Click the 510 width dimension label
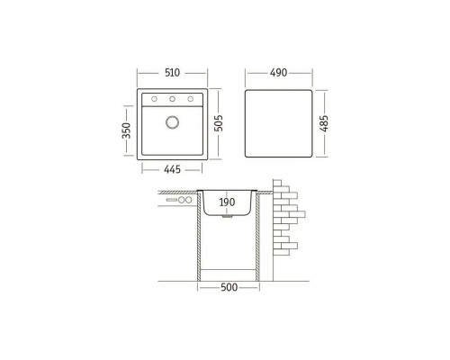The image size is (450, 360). tap(172, 73)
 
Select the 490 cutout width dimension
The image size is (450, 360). tap(278, 73)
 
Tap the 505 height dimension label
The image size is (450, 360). tap(220, 123)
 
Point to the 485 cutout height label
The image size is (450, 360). tap(324, 123)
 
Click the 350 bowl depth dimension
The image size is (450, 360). tap(127, 130)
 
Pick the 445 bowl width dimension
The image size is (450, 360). tap(172, 169)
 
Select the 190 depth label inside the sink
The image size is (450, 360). tap(227, 202)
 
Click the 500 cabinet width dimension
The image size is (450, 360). tap(229, 287)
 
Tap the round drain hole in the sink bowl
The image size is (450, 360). tap(172, 122)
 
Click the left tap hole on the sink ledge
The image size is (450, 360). tap(154, 99)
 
